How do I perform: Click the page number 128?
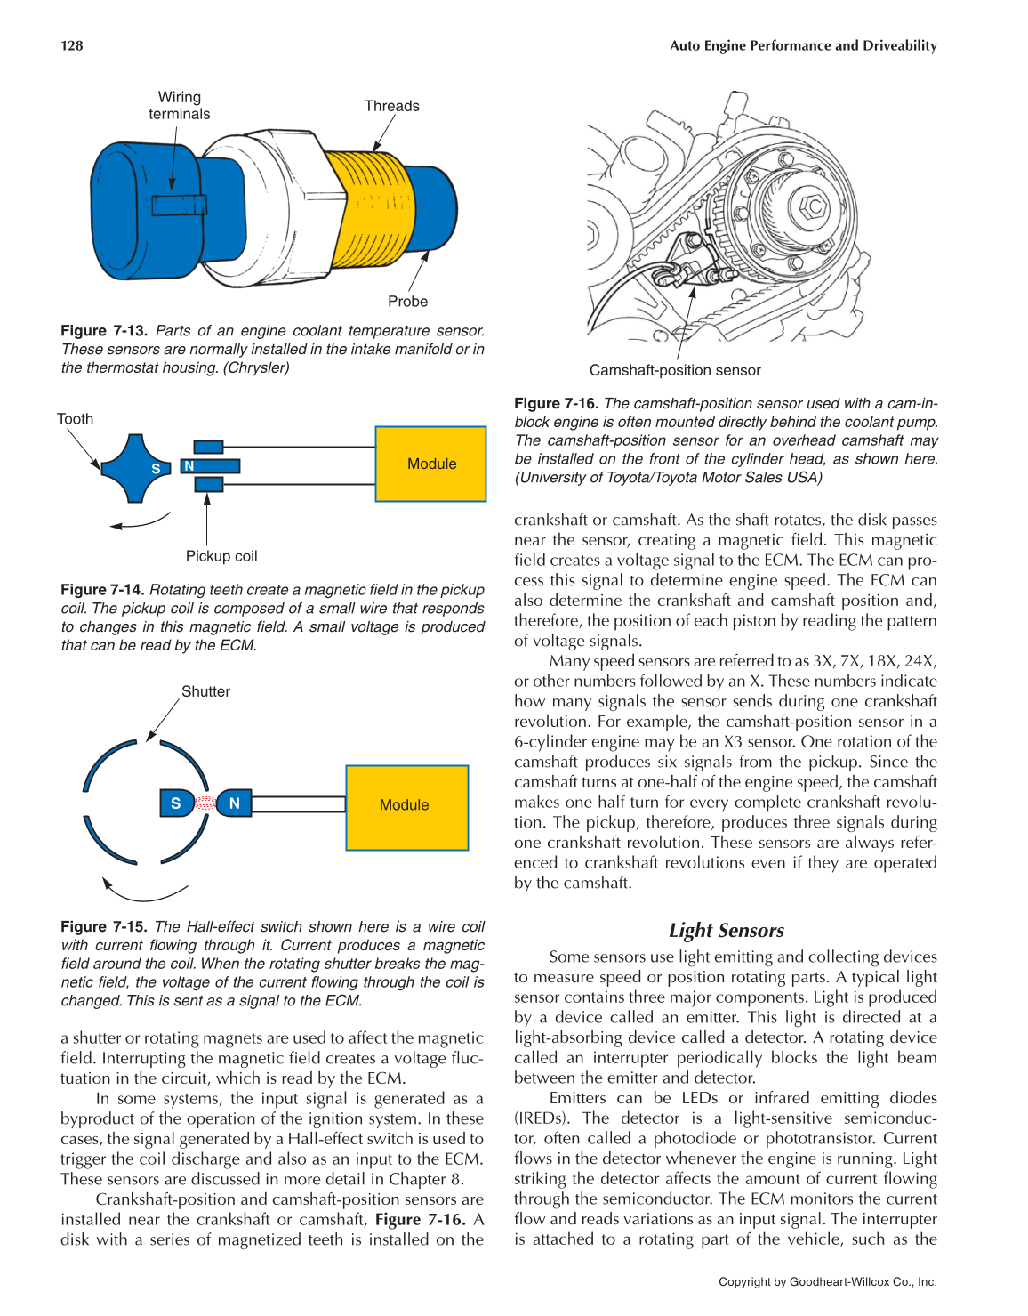click(x=72, y=45)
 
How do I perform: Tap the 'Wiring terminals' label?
click(x=179, y=105)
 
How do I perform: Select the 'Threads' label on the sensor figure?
click(x=391, y=106)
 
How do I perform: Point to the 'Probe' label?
click(x=407, y=302)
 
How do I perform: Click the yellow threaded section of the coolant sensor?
click(x=369, y=209)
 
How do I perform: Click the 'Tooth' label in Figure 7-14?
click(x=75, y=419)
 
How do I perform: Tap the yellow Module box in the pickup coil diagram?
click(x=431, y=464)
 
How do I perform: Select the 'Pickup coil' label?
click(x=221, y=556)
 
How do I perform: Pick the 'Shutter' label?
click(x=205, y=691)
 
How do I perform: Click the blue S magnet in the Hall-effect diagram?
click(x=176, y=803)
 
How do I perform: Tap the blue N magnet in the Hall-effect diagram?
click(x=234, y=803)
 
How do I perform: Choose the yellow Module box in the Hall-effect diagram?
click(x=406, y=805)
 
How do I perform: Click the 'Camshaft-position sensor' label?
click(x=675, y=370)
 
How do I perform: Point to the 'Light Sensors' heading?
click(x=727, y=931)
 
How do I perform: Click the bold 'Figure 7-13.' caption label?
click(x=104, y=331)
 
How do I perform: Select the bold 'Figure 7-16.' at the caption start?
click(x=557, y=404)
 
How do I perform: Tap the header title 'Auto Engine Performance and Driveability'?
click(x=803, y=45)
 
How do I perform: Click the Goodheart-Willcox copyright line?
click(x=827, y=1282)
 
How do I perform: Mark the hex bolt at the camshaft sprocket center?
click(x=811, y=206)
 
